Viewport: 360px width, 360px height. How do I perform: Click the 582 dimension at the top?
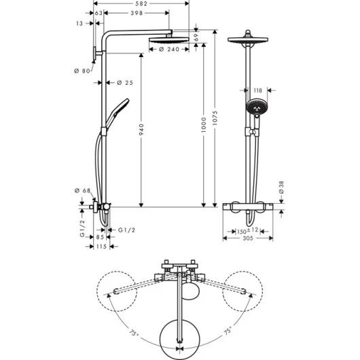pos(141,3)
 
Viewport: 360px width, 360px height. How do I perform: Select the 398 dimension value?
pos(137,13)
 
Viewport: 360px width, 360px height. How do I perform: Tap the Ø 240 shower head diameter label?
pos(168,49)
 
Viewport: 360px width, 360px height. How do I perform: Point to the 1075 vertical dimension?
pos(215,118)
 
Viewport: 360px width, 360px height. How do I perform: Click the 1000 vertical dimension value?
pos(204,125)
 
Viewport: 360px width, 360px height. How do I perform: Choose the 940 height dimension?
pos(141,129)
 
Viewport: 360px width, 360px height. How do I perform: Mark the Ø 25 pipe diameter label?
pos(125,83)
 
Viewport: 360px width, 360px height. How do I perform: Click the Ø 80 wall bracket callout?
pos(82,71)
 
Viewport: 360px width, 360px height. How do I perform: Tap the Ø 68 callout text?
pos(82,191)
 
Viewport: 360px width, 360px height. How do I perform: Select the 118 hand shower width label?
pos(257,90)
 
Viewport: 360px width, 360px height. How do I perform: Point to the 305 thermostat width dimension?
pos(248,238)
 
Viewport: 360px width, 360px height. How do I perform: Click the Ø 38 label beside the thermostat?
pos(281,187)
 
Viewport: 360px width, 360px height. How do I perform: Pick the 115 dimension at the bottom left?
pos(101,247)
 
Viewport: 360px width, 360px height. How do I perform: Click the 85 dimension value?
pos(100,237)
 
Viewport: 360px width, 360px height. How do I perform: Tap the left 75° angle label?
pos(134,333)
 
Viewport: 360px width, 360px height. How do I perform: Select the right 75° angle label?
pos(228,331)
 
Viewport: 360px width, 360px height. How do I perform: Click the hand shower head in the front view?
pos(257,107)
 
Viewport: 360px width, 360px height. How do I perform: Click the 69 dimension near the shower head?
pos(196,37)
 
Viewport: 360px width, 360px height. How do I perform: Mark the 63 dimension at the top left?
pos(98,13)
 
